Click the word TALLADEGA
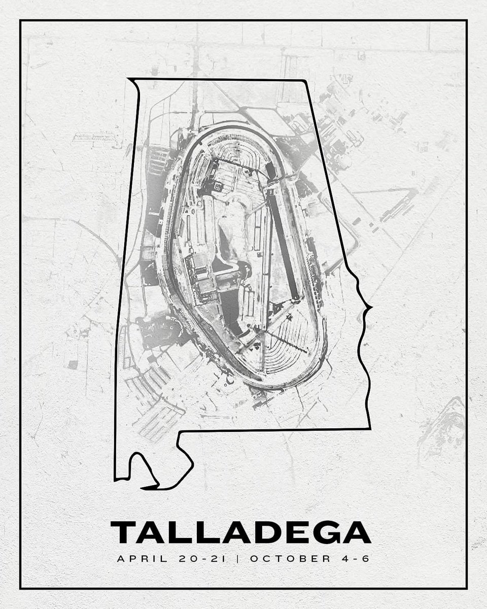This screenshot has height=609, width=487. point(241,532)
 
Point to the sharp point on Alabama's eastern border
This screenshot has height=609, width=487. point(371,307)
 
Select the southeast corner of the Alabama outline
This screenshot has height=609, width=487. point(369,429)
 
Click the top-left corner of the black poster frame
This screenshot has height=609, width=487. point(20,20)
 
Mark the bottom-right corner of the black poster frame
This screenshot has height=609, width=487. point(466,588)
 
